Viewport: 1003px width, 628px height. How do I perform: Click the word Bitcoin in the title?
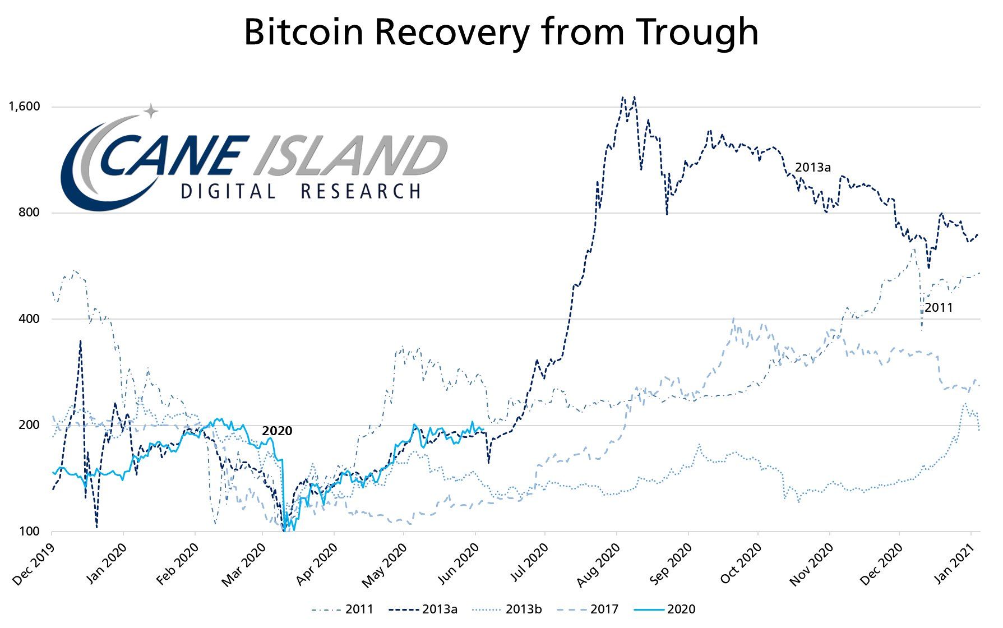(303, 33)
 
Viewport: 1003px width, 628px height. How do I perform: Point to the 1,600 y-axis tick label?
(24, 107)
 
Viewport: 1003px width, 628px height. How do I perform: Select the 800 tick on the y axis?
(29, 213)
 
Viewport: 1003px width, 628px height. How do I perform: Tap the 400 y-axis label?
(29, 319)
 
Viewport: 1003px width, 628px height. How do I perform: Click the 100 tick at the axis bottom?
(29, 532)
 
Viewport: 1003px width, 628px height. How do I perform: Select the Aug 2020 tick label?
(598, 566)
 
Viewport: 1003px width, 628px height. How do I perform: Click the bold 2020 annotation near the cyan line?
(277, 431)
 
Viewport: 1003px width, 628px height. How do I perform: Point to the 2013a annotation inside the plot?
(812, 168)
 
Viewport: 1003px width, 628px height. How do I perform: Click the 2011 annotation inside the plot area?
(938, 308)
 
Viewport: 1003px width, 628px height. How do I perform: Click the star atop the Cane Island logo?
(150, 112)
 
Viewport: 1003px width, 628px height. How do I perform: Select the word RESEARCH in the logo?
(361, 191)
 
